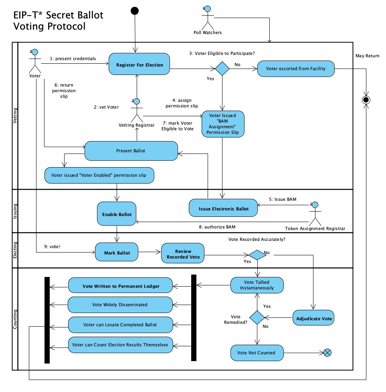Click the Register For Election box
coord(139,65)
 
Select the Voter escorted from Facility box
coord(296,69)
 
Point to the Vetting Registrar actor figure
coord(137,110)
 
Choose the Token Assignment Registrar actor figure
coord(315,214)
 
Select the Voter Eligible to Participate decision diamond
coord(222,69)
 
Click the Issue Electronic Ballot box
coord(223,208)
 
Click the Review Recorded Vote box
coord(183,254)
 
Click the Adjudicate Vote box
coord(314,319)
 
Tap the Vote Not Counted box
coord(256,353)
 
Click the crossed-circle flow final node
coord(327,353)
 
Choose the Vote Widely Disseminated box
coord(120,305)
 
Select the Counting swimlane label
coord(15,319)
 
